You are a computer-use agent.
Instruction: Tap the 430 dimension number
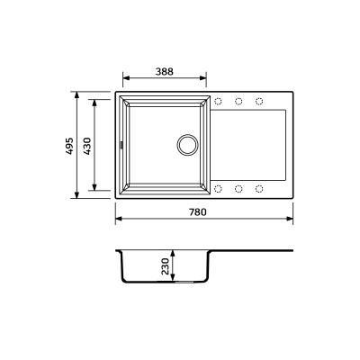tap(87, 144)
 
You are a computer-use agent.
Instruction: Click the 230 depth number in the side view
tap(165, 266)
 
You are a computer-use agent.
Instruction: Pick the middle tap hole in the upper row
tap(239, 100)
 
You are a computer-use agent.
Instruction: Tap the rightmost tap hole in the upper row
tap(259, 100)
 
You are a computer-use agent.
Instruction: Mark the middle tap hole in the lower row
tap(239, 187)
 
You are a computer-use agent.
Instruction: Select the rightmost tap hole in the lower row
tap(259, 187)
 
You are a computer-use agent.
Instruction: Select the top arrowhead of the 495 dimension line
tap(78, 93)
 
